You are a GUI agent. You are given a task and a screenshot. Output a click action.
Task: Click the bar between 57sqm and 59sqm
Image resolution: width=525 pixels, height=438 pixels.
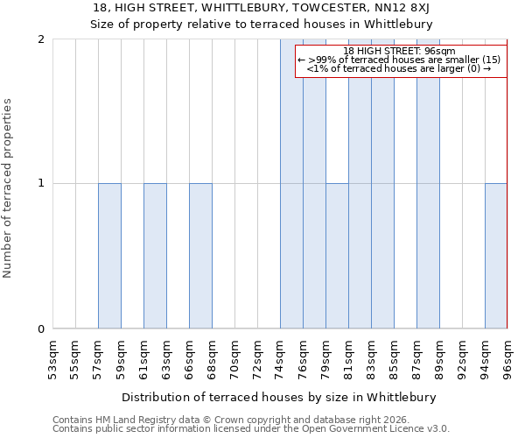point(109,256)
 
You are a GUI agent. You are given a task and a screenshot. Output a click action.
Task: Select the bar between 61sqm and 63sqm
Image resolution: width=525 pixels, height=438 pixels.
point(155,256)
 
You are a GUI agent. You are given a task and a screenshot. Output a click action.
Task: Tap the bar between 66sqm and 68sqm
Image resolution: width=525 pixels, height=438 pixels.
point(200,256)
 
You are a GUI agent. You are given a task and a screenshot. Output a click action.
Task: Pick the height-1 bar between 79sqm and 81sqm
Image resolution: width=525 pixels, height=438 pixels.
point(337,256)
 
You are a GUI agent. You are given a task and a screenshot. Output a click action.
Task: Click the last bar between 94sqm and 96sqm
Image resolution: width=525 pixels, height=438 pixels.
point(496,256)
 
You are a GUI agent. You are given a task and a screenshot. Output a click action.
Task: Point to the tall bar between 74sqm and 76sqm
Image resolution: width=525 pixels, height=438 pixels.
point(291,184)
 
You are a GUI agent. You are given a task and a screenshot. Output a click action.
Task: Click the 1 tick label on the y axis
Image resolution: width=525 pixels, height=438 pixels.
point(41,184)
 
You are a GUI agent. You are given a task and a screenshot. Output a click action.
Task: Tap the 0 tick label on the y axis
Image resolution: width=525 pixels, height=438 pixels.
point(41,329)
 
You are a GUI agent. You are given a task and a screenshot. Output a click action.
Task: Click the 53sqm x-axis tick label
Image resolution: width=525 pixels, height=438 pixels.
point(52,356)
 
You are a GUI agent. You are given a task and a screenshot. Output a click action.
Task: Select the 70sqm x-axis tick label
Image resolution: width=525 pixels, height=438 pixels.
point(234,356)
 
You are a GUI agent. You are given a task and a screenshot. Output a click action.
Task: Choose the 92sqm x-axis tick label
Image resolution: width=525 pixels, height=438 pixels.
point(462,356)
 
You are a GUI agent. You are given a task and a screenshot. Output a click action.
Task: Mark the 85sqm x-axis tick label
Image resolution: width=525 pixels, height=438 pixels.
point(394,356)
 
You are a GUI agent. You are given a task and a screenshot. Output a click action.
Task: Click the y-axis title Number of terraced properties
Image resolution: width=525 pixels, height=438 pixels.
point(9,188)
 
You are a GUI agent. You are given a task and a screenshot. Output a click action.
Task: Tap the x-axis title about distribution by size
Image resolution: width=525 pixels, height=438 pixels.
point(278,397)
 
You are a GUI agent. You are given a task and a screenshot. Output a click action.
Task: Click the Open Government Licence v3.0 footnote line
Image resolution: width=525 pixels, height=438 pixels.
point(251,429)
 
